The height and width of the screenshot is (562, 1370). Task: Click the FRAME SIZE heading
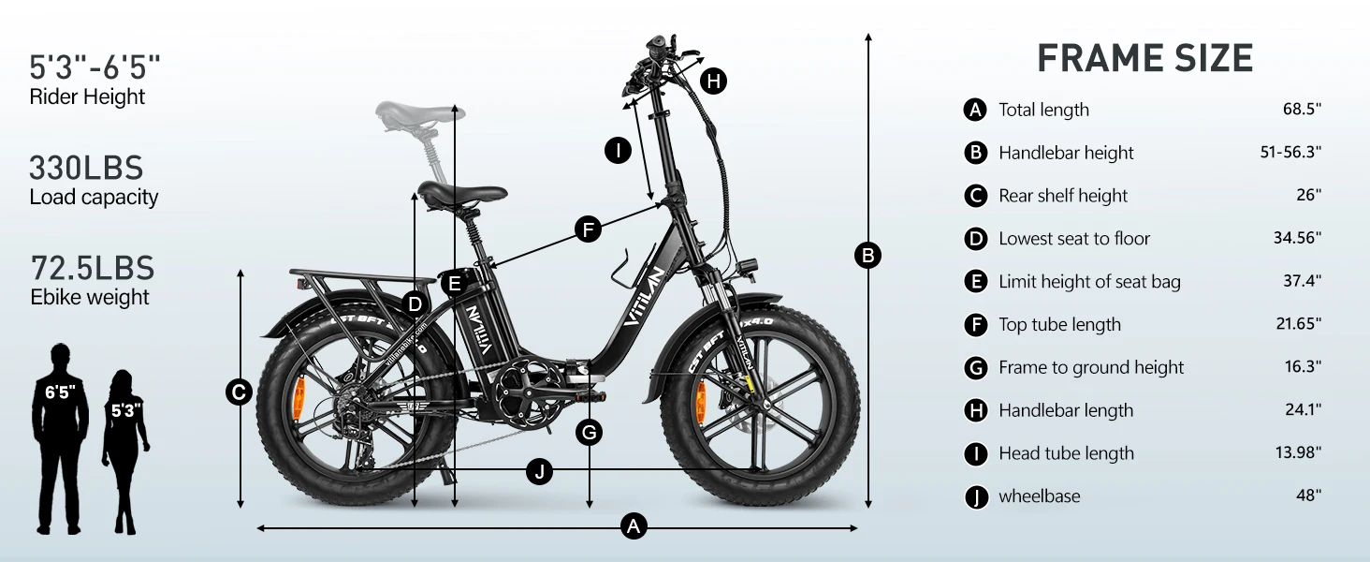coord(1144,59)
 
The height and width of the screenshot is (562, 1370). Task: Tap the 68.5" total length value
coord(1302,109)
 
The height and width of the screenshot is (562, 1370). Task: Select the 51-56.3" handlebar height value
coord(1290,152)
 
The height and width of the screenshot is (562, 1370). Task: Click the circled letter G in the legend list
coord(975,368)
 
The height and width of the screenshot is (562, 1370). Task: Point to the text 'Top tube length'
coord(1059,324)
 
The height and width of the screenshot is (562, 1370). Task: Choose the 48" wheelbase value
coord(1309,495)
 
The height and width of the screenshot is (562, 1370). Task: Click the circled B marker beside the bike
coord(867,256)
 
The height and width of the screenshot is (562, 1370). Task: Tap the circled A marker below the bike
coord(634,526)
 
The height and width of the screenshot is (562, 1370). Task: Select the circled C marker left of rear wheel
coord(240,392)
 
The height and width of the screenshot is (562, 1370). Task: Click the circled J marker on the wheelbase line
coord(539,472)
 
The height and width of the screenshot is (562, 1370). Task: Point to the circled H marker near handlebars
coord(713,81)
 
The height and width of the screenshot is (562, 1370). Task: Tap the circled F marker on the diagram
coord(589,230)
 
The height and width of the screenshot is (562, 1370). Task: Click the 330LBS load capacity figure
coord(86,168)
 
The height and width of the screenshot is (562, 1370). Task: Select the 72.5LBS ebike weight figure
coord(93,268)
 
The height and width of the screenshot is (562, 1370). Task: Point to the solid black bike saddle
coord(461,196)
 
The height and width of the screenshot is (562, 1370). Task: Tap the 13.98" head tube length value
coord(1298,451)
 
